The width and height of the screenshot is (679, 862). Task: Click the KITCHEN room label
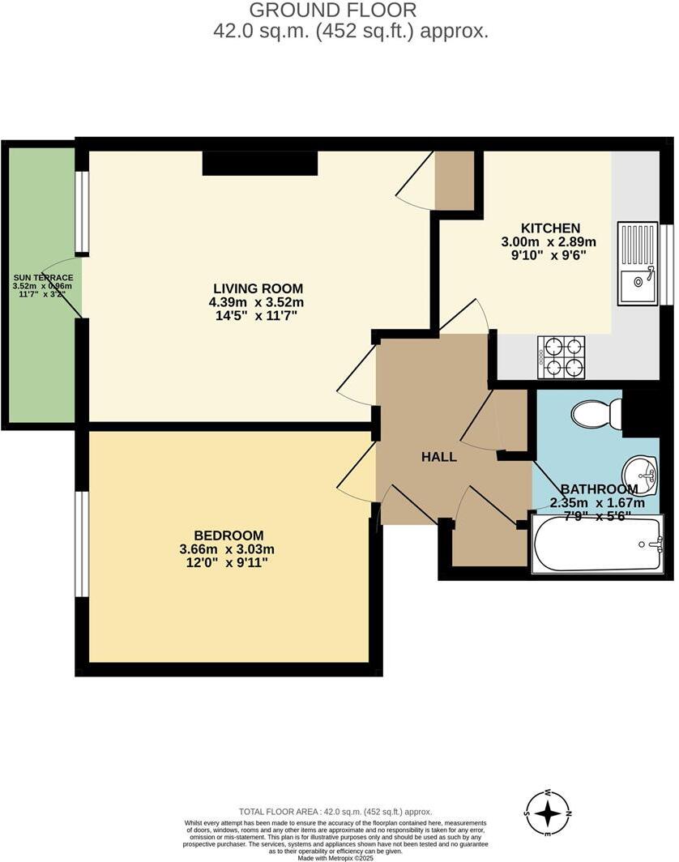[550, 228]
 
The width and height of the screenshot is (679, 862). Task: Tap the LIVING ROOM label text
[258, 288]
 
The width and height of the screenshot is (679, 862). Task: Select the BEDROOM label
[228, 536]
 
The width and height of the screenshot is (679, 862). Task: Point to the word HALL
[438, 457]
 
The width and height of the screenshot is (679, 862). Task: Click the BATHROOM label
[599, 489]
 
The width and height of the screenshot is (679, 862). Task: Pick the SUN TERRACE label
[42, 277]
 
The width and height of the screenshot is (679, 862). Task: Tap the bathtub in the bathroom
[597, 544]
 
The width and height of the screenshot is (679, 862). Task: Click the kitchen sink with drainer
[638, 263]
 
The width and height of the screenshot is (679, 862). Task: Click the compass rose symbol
[549, 812]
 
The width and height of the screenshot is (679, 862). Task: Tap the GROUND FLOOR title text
[332, 11]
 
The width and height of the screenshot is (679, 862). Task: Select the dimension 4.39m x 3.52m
[258, 302]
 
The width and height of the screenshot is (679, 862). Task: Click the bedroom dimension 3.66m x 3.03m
[228, 549]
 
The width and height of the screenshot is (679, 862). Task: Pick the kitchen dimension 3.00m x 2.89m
[550, 242]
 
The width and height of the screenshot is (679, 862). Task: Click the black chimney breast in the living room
[259, 163]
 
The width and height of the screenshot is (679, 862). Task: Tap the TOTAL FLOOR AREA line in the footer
[335, 811]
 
